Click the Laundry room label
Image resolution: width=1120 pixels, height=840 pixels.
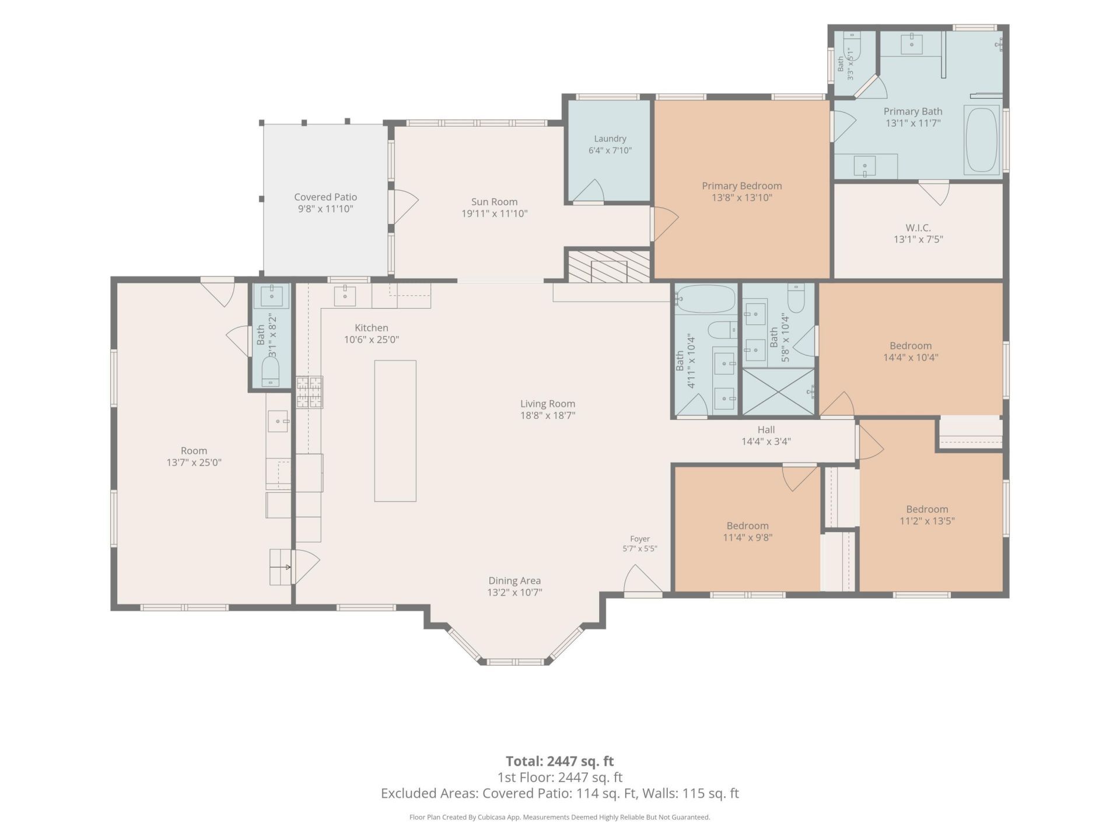pos(610,139)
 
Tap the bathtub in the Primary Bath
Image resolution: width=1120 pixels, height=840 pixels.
pos(982,140)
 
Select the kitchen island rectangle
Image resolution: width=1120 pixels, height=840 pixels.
pos(395,431)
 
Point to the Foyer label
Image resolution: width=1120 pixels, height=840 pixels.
pos(640,539)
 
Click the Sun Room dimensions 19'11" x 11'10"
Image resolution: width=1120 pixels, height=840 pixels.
pos(495,213)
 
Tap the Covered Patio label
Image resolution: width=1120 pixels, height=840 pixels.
pos(325,197)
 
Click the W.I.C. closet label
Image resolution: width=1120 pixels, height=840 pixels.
pos(918,228)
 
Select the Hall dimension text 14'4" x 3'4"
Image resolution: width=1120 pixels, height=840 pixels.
pos(766,442)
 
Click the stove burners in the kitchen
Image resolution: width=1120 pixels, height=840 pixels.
pos(310,392)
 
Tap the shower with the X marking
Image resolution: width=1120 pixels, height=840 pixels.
pos(779,392)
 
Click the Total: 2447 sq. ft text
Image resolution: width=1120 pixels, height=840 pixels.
pos(559,761)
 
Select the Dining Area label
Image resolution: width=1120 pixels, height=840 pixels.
pos(514,580)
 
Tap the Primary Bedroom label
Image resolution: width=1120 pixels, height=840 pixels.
pos(742,185)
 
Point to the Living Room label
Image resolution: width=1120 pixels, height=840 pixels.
pos(548,404)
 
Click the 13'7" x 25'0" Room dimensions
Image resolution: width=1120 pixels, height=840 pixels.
pos(194,463)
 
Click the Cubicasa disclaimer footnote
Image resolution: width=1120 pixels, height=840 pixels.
pos(560,817)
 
